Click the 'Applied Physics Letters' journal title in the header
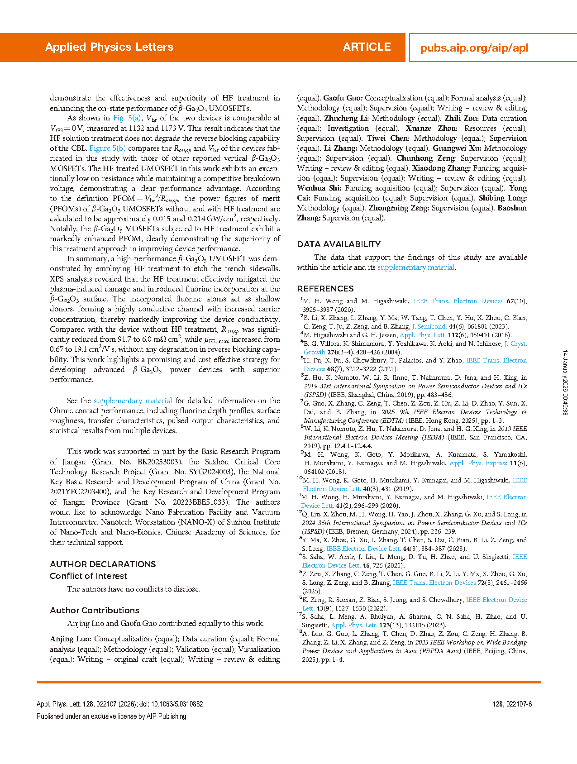pyautogui.click(x=109, y=47)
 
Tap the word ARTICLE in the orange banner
pyautogui.click(x=367, y=47)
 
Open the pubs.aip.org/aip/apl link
pyautogui.click(x=474, y=48)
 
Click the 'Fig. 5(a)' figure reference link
pyautogui.click(x=127, y=118)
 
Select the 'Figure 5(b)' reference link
pyautogui.click(x=107, y=148)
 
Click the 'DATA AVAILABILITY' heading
pyautogui.click(x=339, y=244)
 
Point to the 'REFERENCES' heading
pyautogui.click(x=325, y=289)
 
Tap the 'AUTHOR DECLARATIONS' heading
pyautogui.click(x=103, y=564)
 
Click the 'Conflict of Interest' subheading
pyautogui.click(x=89, y=576)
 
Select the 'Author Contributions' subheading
pyautogui.click(x=94, y=611)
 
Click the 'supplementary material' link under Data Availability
pyautogui.click(x=415, y=267)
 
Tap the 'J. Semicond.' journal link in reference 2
pyautogui.click(x=429, y=327)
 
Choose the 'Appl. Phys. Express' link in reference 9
pyautogui.click(x=478, y=463)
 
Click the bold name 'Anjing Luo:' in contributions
pyautogui.click(x=70, y=639)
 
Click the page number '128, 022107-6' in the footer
pyautogui.click(x=512, y=704)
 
